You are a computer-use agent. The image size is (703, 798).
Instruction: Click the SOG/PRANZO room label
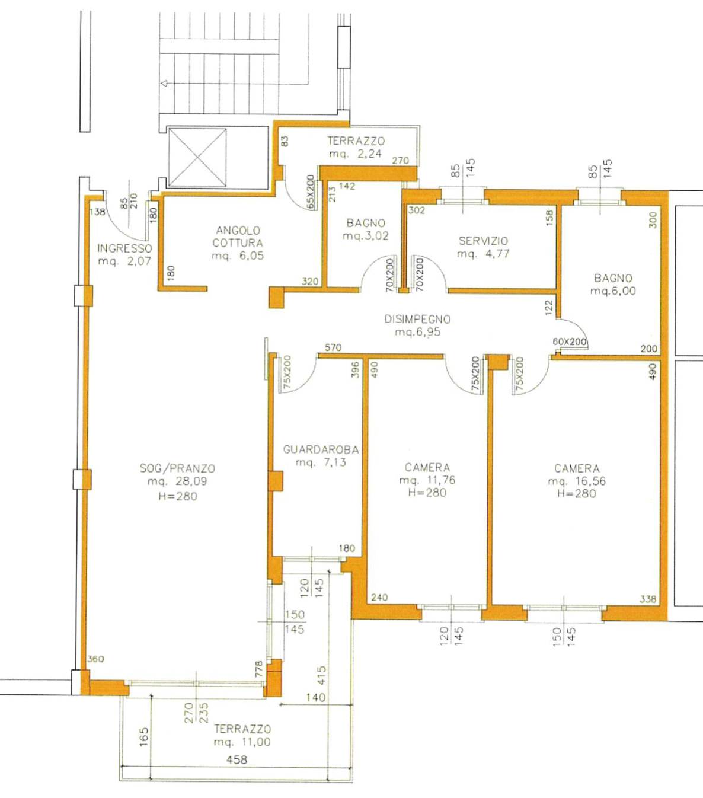[x=178, y=468]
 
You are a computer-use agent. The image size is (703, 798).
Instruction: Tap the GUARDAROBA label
[x=321, y=449]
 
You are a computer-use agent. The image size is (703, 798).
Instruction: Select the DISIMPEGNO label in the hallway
[x=417, y=319]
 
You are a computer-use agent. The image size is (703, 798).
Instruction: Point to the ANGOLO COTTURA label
[x=238, y=237]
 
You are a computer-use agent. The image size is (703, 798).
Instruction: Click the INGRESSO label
[x=124, y=248]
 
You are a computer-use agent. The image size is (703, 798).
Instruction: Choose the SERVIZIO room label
[x=483, y=241]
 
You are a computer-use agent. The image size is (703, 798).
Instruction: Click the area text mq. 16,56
[x=577, y=481]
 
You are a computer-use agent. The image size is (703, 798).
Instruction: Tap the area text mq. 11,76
[x=427, y=480]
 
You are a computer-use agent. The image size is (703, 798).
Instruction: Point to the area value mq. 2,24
[x=355, y=154]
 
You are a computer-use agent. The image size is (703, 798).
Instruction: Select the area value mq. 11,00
[x=242, y=742]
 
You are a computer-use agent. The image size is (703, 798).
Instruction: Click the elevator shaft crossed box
[x=198, y=158]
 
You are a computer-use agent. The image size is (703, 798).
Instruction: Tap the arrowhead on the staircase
[x=164, y=83]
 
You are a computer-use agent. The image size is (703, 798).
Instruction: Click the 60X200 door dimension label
[x=570, y=341]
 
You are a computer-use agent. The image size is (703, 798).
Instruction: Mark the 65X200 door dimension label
[x=311, y=191]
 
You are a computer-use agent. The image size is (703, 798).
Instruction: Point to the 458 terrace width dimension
[x=237, y=760]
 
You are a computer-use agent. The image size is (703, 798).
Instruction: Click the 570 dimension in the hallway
[x=333, y=347]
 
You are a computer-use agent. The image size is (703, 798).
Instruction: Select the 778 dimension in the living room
[x=258, y=669]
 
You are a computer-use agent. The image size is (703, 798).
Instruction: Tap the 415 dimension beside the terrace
[x=321, y=676]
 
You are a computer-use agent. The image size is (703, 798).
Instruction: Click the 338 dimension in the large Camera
[x=648, y=599]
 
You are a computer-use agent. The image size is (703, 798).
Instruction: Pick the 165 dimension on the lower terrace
[x=144, y=737]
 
